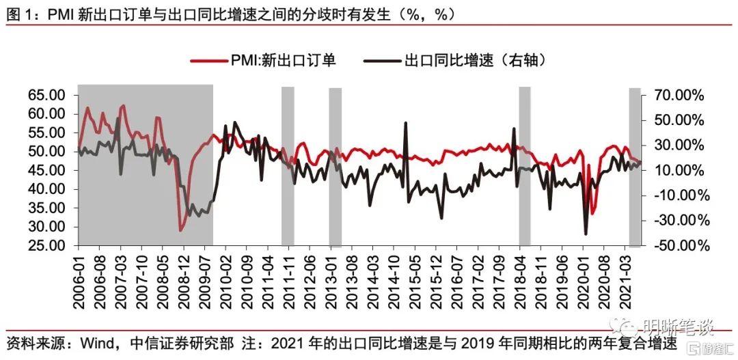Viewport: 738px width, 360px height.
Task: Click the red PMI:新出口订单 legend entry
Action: click(263, 61)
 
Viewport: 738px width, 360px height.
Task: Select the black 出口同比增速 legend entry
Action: click(459, 61)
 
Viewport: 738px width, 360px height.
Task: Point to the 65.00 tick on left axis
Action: click(46, 96)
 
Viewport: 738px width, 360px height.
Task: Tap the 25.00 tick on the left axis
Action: click(46, 246)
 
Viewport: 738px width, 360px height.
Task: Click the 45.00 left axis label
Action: click(46, 170)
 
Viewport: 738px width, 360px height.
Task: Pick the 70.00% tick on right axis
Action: click(678, 96)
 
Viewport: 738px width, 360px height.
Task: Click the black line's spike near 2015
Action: click(405, 123)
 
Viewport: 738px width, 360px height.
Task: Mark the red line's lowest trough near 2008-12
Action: click(180, 230)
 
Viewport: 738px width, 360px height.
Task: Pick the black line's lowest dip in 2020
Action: click(586, 234)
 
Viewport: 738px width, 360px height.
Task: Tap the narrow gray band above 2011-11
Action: click(288, 166)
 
